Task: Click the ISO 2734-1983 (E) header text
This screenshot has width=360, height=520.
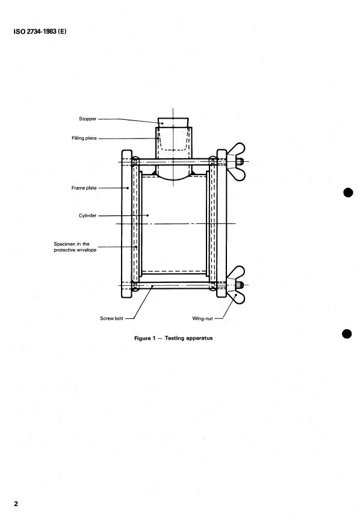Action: coord(40,31)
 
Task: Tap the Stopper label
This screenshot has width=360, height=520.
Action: coord(88,119)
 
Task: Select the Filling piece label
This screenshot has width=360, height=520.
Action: coord(84,138)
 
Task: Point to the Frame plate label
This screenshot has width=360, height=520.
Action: coord(84,188)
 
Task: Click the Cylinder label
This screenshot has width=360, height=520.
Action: coord(88,215)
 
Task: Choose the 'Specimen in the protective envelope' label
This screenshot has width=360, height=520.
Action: coord(75,247)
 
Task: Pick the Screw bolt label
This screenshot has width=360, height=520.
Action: coord(111,318)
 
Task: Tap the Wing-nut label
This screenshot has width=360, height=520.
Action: coord(202,318)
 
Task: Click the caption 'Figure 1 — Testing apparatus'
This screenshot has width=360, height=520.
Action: coord(173,338)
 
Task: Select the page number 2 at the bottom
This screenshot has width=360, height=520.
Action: coord(16,504)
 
